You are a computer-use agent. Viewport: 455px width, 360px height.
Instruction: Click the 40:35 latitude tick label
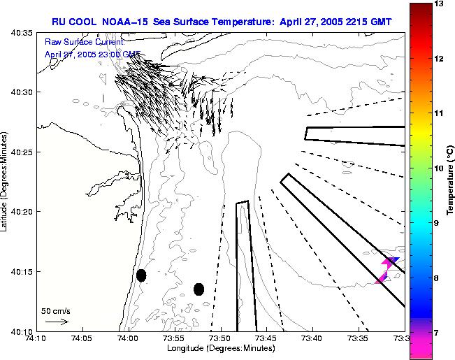click(x=22, y=33)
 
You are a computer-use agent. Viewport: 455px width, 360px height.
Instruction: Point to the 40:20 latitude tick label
click(x=22, y=212)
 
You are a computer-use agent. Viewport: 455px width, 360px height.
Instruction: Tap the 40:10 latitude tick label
click(x=22, y=331)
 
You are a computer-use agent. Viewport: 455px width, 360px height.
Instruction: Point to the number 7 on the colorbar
click(x=440, y=333)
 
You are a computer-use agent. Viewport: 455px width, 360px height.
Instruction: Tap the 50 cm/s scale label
click(x=56, y=310)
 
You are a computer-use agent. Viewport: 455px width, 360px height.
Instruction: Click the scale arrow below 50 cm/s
click(x=56, y=322)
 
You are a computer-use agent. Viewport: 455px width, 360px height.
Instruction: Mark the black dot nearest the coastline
click(x=141, y=275)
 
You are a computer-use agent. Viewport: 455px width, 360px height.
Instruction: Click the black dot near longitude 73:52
click(x=198, y=289)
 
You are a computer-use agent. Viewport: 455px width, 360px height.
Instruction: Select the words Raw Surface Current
click(x=84, y=42)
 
